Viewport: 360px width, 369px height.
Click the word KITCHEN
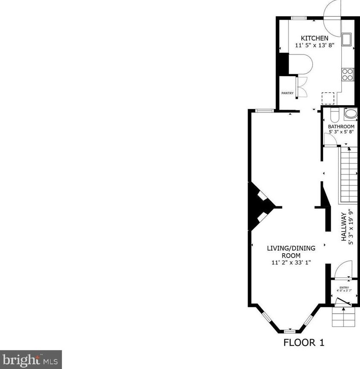tap(314, 38)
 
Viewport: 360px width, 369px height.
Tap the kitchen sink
tap(347, 39)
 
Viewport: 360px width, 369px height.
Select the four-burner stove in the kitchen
tap(347, 74)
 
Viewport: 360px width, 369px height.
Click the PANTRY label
tap(287, 93)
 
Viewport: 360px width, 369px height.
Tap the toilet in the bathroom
tap(334, 115)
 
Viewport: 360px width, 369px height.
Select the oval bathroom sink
tap(351, 114)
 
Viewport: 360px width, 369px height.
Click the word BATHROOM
tap(341, 127)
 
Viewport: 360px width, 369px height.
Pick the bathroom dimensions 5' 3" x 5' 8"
tap(341, 132)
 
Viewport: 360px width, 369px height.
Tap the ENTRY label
tap(344, 288)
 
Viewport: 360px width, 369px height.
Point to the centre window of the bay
tap(291, 330)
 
